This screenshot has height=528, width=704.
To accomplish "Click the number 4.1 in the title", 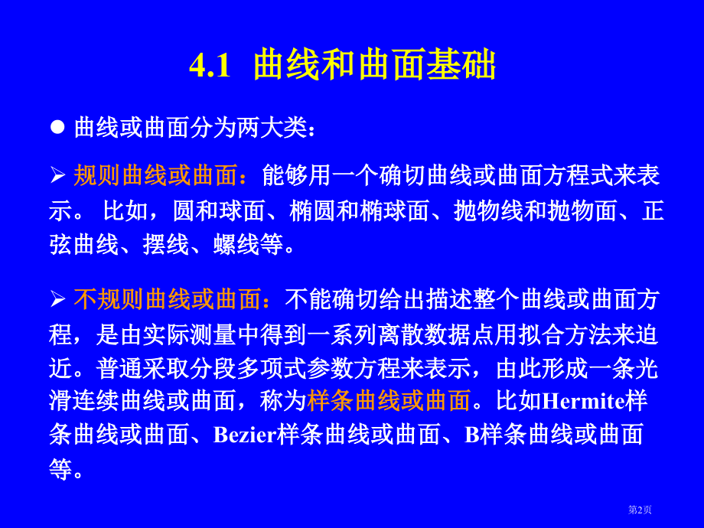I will pos(209,66).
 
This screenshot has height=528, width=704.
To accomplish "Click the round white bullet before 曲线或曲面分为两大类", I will pos(58,127).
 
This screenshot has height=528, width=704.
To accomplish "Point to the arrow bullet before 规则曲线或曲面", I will pos(58,176).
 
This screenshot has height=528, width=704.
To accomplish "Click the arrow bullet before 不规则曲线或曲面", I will pos(58,299).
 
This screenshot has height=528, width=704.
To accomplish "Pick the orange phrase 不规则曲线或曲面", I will pos(168,299).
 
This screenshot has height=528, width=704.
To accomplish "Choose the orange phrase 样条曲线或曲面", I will pos(389,400).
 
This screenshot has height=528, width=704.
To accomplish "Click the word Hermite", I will pos(583,401).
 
